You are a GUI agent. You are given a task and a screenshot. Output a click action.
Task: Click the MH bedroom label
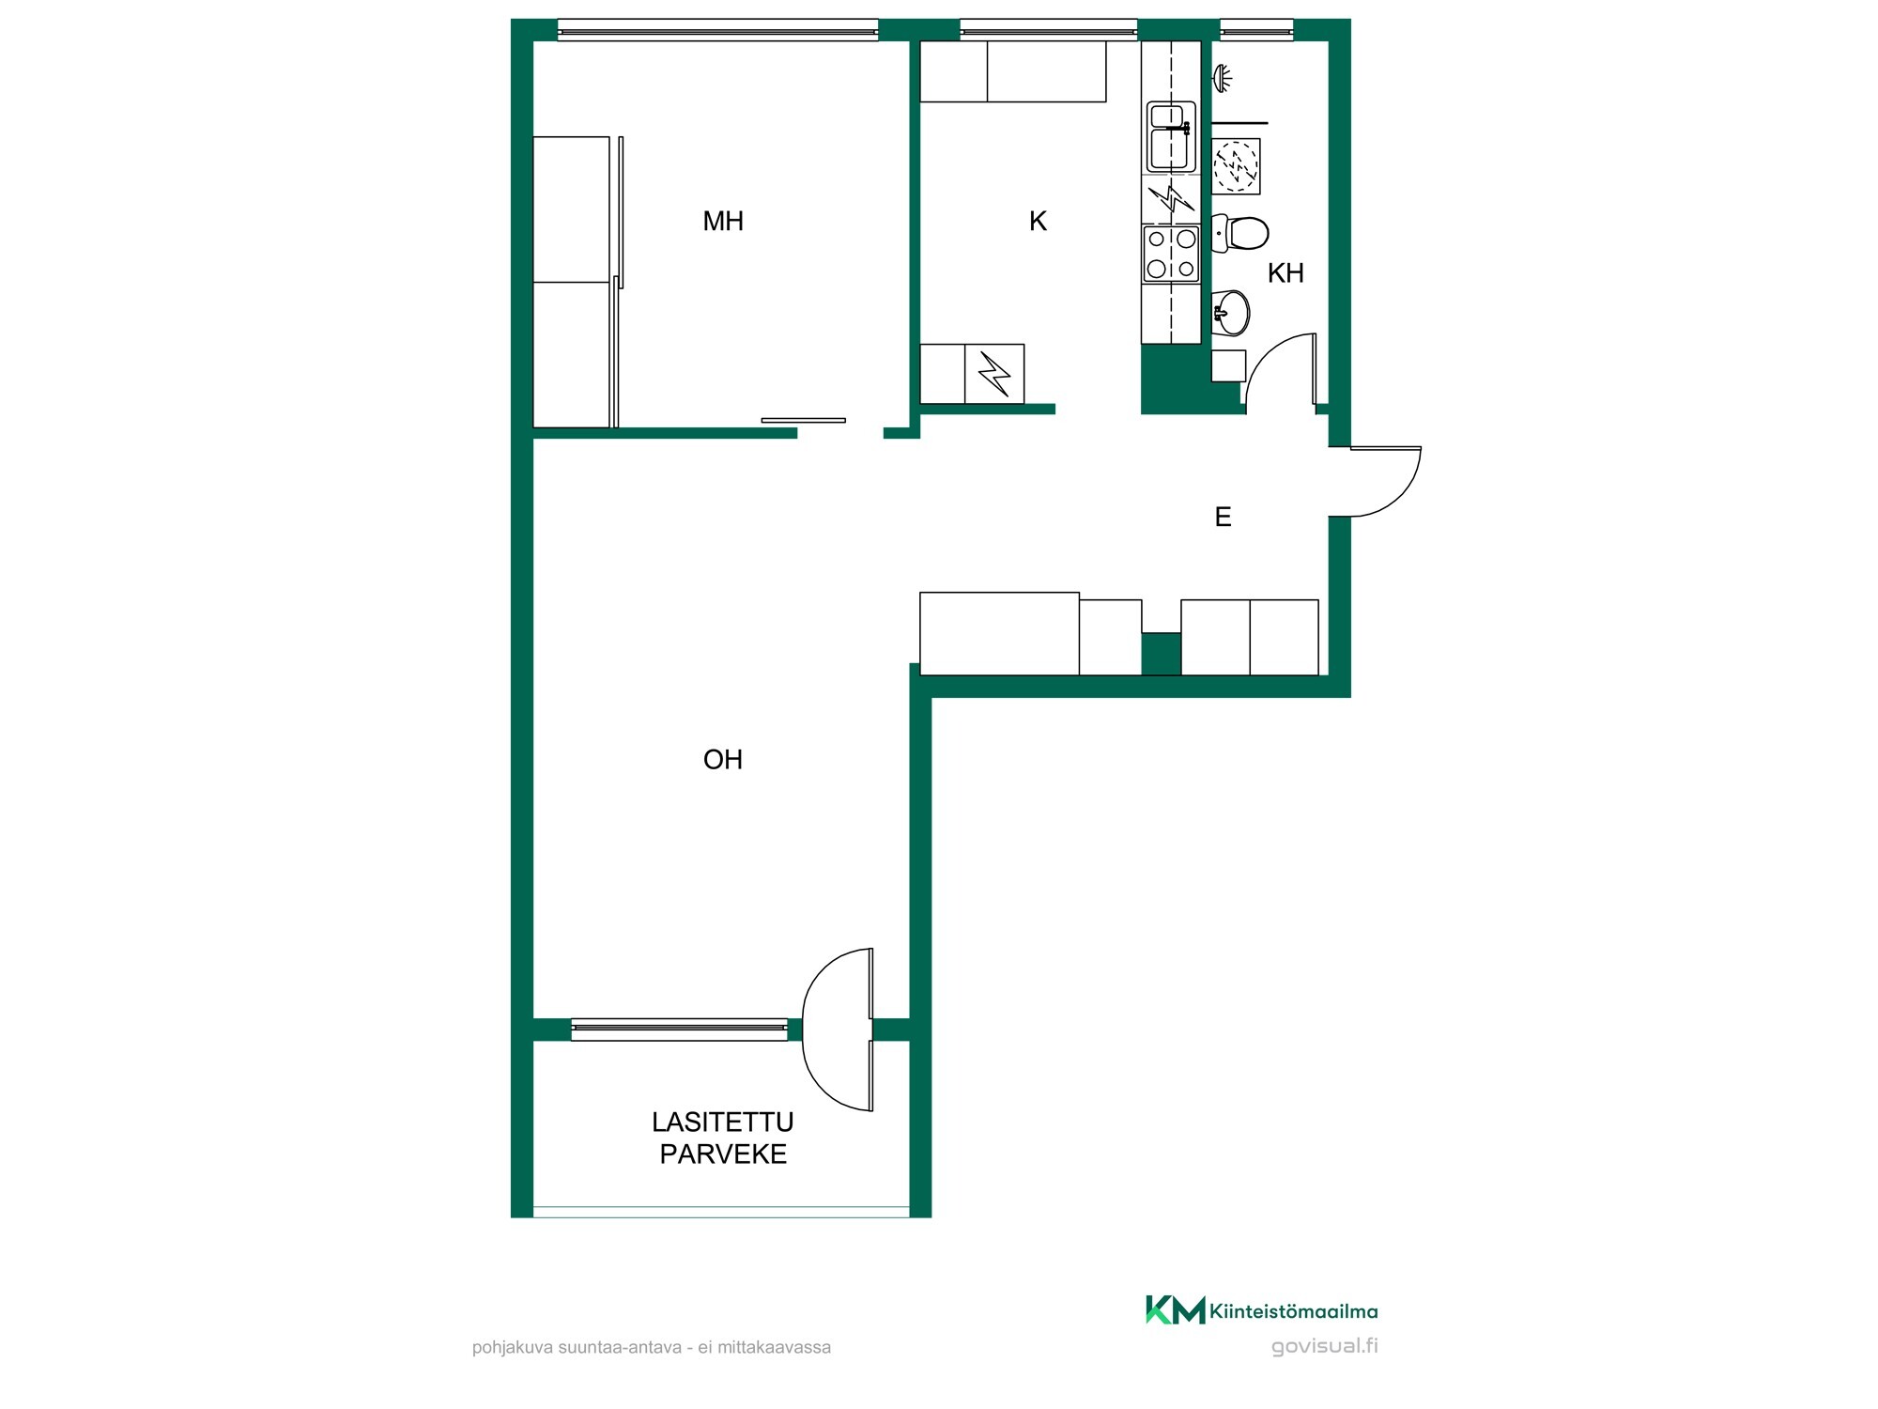723,222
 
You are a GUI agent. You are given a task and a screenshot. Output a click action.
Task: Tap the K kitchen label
1038,222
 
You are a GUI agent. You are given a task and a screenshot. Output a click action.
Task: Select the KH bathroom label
1285,273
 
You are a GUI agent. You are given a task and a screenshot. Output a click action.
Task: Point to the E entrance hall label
1223,517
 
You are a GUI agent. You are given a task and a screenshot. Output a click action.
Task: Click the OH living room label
723,759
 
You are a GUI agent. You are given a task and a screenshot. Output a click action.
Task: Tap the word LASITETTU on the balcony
723,1123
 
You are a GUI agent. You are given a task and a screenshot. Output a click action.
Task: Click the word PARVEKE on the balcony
723,1154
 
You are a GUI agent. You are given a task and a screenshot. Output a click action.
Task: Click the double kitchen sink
1171,137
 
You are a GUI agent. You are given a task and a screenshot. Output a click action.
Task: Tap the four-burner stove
1171,254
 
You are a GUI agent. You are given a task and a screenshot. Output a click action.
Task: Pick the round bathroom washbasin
1231,312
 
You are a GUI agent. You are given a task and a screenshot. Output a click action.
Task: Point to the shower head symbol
1222,78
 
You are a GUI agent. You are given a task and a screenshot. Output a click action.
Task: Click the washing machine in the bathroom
1236,166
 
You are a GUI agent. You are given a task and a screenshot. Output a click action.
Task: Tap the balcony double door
838,1030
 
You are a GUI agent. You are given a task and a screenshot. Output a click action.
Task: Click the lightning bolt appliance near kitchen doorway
994,374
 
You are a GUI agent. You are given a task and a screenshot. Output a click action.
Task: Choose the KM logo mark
1175,1309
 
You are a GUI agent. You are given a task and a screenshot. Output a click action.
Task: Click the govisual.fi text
1325,1346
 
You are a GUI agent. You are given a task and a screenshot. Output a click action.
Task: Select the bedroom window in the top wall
717,31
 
